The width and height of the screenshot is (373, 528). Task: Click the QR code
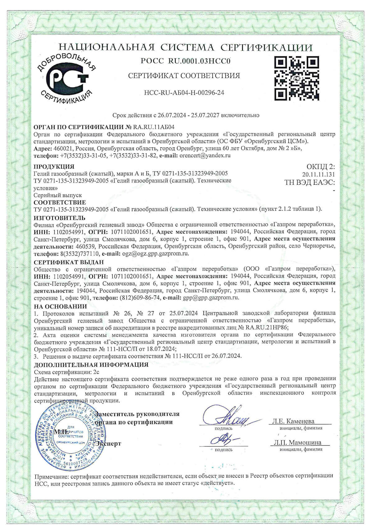point(297,78)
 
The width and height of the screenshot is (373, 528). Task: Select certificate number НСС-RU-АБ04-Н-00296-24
point(184,93)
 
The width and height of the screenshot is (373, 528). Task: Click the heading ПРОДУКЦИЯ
point(54,166)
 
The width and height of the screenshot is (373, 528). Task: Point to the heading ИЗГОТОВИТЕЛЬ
point(59,218)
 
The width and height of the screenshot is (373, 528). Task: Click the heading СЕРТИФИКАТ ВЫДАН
point(69,262)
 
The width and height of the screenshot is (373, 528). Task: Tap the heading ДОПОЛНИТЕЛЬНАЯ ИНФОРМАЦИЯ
point(91,364)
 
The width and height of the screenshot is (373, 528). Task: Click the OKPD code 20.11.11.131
point(319,174)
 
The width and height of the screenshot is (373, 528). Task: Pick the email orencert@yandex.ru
point(205,155)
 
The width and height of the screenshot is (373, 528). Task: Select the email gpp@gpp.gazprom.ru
point(211,298)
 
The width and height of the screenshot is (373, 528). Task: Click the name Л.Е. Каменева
point(293,421)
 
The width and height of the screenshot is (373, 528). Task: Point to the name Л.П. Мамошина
point(297,442)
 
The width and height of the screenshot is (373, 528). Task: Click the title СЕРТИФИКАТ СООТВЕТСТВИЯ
point(184,76)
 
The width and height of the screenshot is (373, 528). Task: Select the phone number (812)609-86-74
point(140,298)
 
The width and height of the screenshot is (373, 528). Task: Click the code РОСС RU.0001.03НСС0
point(186,61)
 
